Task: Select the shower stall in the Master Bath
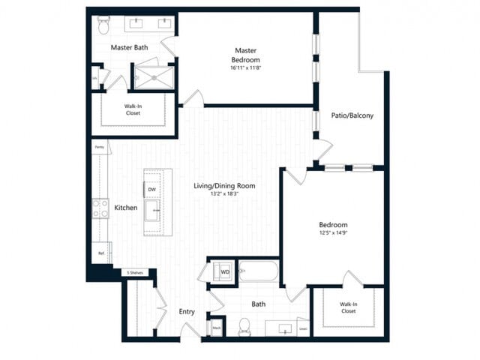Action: tap(153, 77)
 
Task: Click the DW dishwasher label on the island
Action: tap(152, 190)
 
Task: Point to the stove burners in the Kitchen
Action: tap(100, 208)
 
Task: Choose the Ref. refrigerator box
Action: tap(101, 253)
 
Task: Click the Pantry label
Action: tap(100, 148)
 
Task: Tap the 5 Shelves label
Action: tap(135, 272)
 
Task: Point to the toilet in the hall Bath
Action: tap(244, 326)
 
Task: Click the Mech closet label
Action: tap(216, 327)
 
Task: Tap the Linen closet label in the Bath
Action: tap(302, 327)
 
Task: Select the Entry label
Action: tap(187, 311)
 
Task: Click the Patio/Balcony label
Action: tap(352, 115)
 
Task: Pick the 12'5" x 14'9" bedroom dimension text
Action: tap(333, 233)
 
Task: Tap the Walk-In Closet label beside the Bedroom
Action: tap(348, 307)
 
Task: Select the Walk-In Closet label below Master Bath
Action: tap(133, 109)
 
